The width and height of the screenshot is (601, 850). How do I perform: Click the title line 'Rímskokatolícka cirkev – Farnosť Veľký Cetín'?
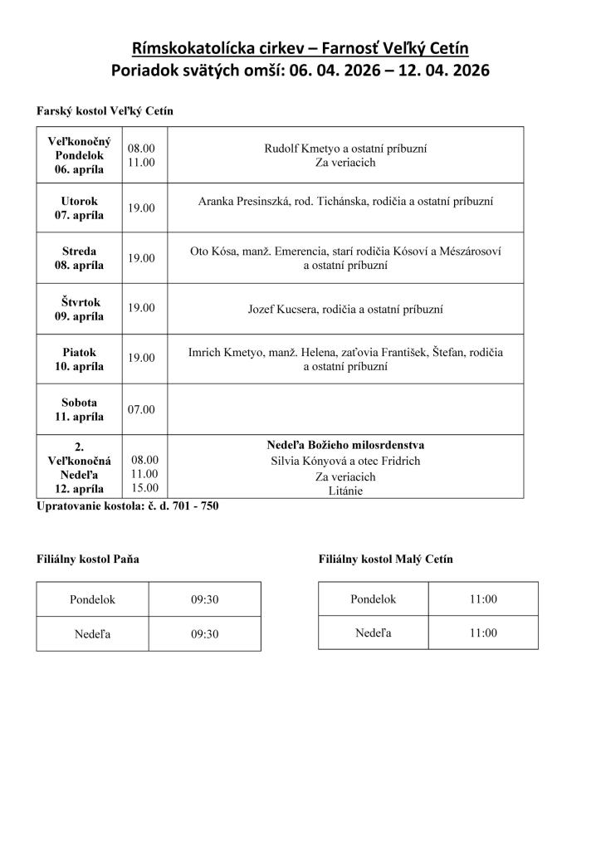[300, 49]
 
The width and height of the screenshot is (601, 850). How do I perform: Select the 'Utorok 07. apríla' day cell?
[79, 208]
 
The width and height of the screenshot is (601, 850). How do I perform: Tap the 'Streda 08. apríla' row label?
[79, 258]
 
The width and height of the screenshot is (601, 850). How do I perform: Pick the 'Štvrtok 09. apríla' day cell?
[79, 309]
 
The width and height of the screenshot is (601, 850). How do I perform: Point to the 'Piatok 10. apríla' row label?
[79, 359]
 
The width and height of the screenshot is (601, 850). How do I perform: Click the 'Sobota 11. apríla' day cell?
[79, 409]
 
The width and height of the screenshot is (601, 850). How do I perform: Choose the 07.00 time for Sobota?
[141, 409]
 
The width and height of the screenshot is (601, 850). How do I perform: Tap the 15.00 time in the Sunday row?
[144, 488]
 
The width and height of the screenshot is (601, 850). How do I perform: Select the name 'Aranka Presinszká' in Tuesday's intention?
[242, 202]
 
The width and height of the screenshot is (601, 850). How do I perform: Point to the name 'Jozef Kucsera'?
[281, 310]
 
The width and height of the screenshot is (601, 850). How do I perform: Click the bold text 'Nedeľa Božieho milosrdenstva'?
[345, 446]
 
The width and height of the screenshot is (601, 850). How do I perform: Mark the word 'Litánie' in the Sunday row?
[345, 491]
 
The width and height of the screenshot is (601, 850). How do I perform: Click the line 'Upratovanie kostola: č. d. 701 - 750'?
[128, 506]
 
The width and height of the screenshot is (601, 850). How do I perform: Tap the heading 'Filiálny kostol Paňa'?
[87, 559]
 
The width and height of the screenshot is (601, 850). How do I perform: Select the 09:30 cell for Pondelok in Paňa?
[204, 598]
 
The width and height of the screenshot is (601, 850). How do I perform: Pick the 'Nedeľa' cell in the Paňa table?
[93, 633]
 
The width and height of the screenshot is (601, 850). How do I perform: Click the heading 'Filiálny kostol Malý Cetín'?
[385, 559]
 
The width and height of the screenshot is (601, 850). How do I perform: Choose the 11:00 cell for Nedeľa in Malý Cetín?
[482, 633]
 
